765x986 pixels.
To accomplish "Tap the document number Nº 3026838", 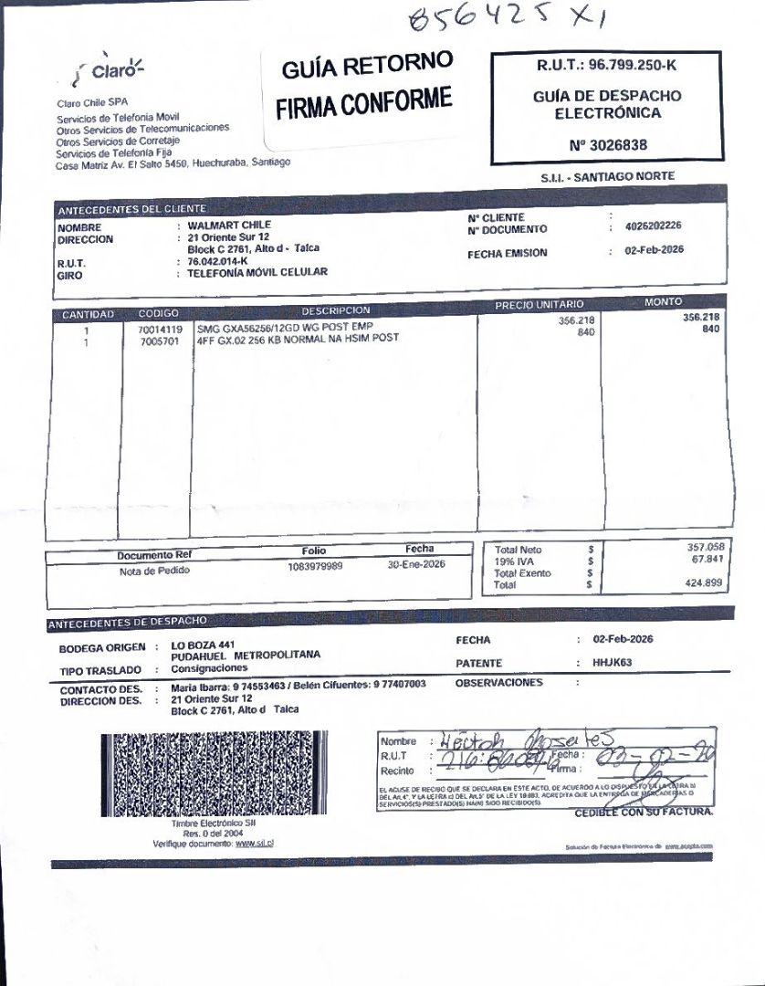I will [607, 145].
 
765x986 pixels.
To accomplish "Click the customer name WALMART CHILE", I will [229, 225].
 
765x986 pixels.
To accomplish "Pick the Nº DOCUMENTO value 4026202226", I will [654, 226].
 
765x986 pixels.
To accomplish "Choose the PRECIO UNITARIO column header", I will [539, 305].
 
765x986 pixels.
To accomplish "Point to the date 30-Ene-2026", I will [416, 565].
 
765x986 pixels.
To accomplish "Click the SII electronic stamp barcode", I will [212, 774].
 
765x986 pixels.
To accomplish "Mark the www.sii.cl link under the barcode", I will [255, 843].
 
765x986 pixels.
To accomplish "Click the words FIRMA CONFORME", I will [364, 100].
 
